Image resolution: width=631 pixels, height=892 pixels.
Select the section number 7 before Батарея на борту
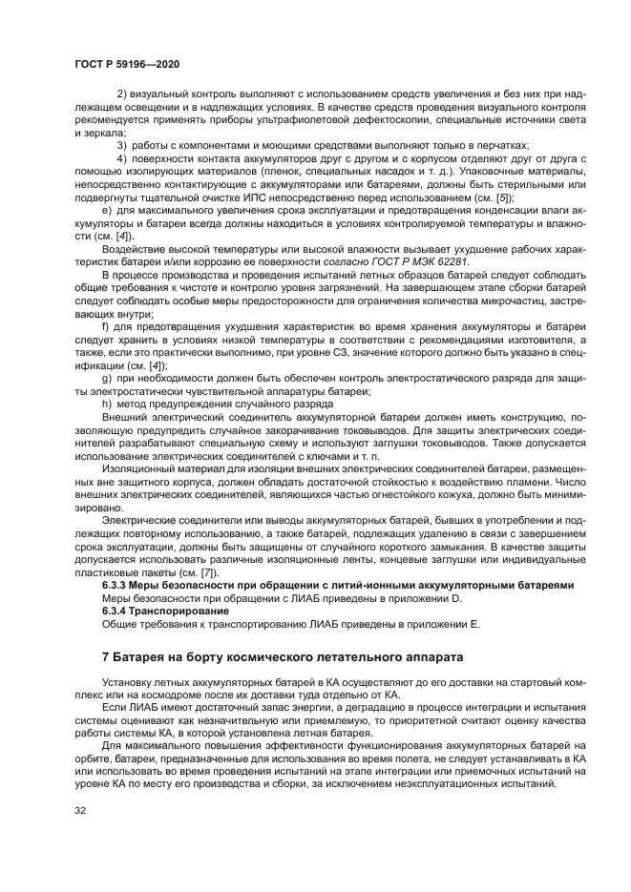[106, 657]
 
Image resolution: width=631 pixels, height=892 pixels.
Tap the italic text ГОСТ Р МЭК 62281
[419, 260]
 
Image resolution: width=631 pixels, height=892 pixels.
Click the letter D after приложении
[457, 597]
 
